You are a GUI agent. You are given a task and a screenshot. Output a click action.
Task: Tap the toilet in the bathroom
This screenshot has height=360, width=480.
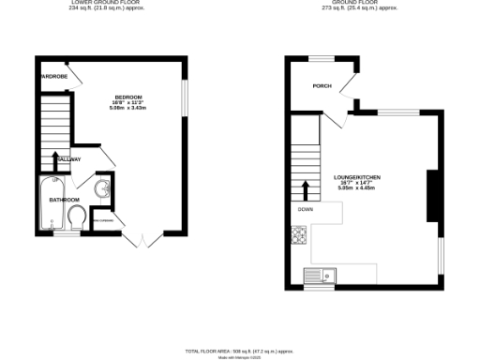click(x=78, y=217)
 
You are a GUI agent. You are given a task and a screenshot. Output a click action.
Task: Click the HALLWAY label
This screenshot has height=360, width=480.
click(x=67, y=159)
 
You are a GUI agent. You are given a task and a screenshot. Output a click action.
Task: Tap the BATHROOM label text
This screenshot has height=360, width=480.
click(x=64, y=200)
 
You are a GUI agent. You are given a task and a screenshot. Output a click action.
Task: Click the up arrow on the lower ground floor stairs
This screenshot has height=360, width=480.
click(x=56, y=160)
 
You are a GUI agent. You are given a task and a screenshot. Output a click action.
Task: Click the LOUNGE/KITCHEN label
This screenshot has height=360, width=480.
click(x=356, y=176)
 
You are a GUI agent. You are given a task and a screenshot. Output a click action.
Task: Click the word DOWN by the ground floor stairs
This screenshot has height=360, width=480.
click(x=305, y=209)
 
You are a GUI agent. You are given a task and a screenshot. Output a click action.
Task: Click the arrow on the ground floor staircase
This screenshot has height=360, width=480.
click(x=305, y=190)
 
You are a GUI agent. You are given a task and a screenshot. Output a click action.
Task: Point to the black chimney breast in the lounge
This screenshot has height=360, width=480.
click(x=432, y=197)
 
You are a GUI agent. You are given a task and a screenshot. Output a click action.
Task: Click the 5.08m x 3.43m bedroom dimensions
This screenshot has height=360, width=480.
click(x=128, y=109)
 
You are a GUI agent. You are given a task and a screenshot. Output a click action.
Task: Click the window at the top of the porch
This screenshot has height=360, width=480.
click(x=322, y=58)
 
